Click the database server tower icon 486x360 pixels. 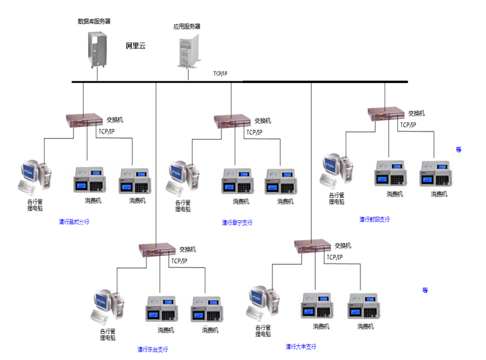coord(98,49)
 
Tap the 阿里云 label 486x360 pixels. coord(136,46)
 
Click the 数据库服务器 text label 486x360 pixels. coord(94,21)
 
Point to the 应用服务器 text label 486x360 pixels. coord(187,27)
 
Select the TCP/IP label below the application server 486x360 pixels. coord(220,74)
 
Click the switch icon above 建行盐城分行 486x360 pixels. coord(84,119)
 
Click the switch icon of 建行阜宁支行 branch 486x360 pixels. coord(232,120)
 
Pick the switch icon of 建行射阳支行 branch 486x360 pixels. coord(387,113)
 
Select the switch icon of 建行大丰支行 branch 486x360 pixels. coord(313,246)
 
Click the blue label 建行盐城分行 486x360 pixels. coord(74,222)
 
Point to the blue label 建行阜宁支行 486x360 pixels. coord(237,223)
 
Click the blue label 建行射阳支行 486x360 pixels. coord(374,220)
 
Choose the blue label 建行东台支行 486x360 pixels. coord(153,349)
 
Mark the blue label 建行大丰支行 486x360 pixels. coord(301,347)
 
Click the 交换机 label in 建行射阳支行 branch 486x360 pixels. coord(416,113)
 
